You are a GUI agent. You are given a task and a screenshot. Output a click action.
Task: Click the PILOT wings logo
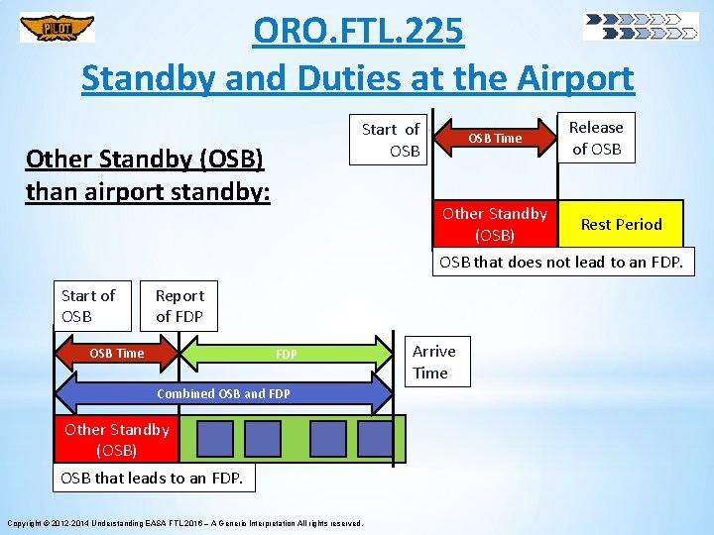58,28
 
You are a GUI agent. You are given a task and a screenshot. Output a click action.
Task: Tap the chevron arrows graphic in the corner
641,27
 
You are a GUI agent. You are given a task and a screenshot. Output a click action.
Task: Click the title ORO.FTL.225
358,32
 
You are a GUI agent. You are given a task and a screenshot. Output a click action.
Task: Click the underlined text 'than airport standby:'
148,190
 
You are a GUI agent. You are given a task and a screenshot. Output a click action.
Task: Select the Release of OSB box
596,139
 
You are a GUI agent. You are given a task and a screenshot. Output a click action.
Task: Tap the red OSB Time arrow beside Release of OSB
494,139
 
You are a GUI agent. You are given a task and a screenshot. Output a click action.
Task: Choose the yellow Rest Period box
621,224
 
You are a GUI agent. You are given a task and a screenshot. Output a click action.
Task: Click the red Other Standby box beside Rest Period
495,224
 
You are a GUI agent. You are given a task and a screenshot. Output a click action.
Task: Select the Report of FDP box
179,306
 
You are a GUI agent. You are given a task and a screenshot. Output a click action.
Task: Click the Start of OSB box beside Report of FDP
89,306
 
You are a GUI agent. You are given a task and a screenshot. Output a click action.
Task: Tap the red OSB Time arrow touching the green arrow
117,354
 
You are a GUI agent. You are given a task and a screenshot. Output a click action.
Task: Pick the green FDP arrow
286,354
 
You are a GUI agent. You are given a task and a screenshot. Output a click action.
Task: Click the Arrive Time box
434,362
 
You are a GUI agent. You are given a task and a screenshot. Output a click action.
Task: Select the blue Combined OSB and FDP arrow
224,393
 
